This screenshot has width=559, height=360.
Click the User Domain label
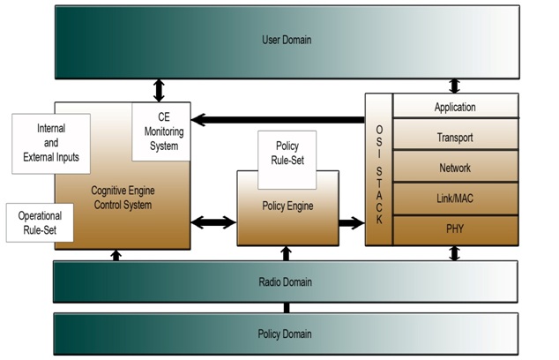pyautogui.click(x=287, y=40)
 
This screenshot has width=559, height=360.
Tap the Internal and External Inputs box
pyautogui.click(x=51, y=143)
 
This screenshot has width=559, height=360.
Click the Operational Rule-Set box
pyautogui.click(x=40, y=222)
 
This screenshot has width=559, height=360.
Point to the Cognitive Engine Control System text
pyautogui.click(x=122, y=198)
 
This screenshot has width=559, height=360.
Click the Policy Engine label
pyautogui.click(x=287, y=206)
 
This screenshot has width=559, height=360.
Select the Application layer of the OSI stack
pyautogui.click(x=455, y=108)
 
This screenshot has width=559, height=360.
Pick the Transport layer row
pyautogui.click(x=455, y=138)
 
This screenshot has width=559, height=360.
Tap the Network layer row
pyautogui.click(x=455, y=168)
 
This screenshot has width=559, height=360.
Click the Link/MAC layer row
pyautogui.click(x=455, y=199)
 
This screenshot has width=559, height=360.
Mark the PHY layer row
pyautogui.click(x=455, y=229)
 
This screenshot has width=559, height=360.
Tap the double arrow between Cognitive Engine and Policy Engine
pyautogui.click(x=212, y=222)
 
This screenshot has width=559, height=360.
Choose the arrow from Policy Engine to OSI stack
pyautogui.click(x=351, y=222)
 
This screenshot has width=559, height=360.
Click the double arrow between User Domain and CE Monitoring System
pyautogui.click(x=159, y=89)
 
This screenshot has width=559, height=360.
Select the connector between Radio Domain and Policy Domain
pyautogui.click(x=286, y=308)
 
